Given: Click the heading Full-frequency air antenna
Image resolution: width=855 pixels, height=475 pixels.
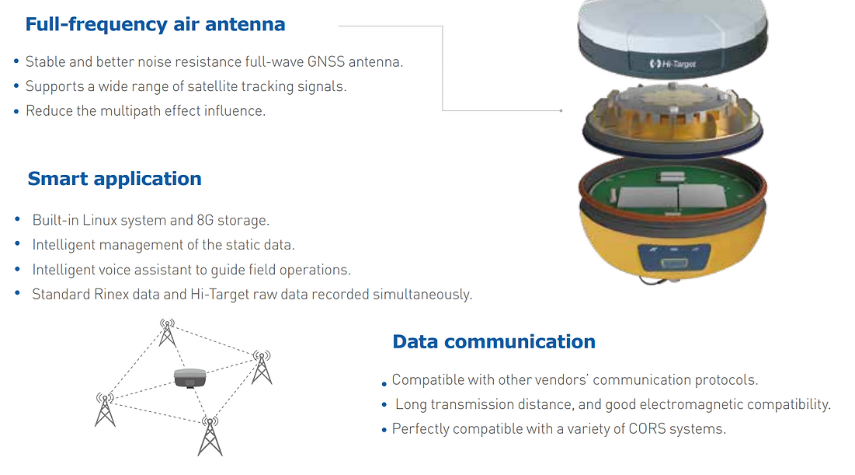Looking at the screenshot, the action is (155, 25).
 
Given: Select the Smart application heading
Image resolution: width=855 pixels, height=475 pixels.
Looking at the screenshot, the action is (114, 179).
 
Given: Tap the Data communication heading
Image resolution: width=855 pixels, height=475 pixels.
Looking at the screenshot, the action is (494, 342).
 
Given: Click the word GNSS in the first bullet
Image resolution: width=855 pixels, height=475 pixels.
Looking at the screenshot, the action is (326, 61).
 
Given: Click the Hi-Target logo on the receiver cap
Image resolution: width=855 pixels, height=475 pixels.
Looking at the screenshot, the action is (673, 64).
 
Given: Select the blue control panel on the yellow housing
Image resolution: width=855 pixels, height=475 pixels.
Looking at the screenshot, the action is (675, 257).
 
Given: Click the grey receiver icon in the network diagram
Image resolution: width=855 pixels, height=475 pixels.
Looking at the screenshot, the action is (189, 378).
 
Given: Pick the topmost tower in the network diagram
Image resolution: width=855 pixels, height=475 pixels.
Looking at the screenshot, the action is (168, 333).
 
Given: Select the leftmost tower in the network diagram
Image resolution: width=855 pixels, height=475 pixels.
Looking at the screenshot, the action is (106, 410).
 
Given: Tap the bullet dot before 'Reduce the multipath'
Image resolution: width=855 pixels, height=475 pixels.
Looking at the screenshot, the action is (16, 111).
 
